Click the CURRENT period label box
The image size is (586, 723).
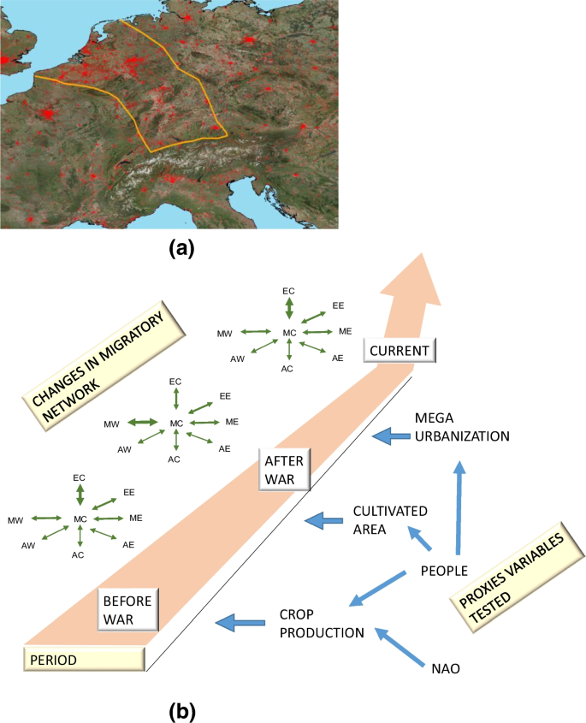pyautogui.click(x=400, y=349)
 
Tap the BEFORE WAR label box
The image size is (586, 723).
pyautogui.click(x=126, y=610)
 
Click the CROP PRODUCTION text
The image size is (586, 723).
pyautogui.click(x=322, y=624)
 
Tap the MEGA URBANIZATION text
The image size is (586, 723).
pyautogui.click(x=461, y=427)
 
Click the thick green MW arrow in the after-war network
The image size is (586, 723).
pyautogui.click(x=143, y=423)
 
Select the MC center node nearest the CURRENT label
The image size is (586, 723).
pyautogui.click(x=289, y=332)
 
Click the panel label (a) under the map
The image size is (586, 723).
pyautogui.click(x=183, y=249)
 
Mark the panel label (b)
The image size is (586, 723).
pyautogui.click(x=183, y=709)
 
